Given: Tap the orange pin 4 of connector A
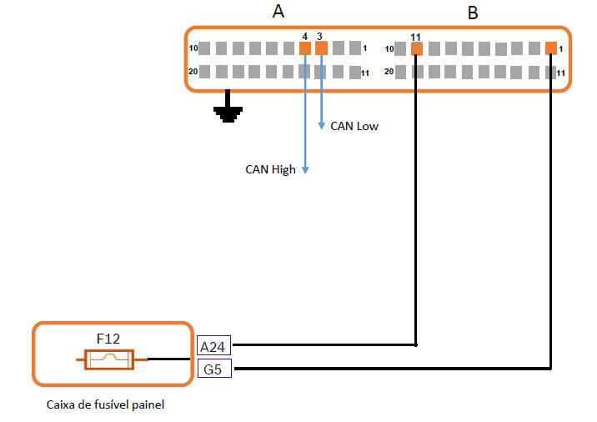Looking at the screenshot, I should coord(305,48).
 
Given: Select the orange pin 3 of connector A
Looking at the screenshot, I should coord(322,48).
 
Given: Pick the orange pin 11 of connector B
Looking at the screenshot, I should coord(417,48).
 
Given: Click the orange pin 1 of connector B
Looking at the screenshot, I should coord(550,48).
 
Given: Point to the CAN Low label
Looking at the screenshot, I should coord(354,127).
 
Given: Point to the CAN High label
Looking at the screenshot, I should coord(270,169).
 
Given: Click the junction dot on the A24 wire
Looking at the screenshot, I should coord(416,344).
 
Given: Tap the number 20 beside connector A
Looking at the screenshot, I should coord(193,71).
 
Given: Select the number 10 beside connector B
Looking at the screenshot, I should coord(389,49).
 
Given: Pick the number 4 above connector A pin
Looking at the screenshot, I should coord(305,37).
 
